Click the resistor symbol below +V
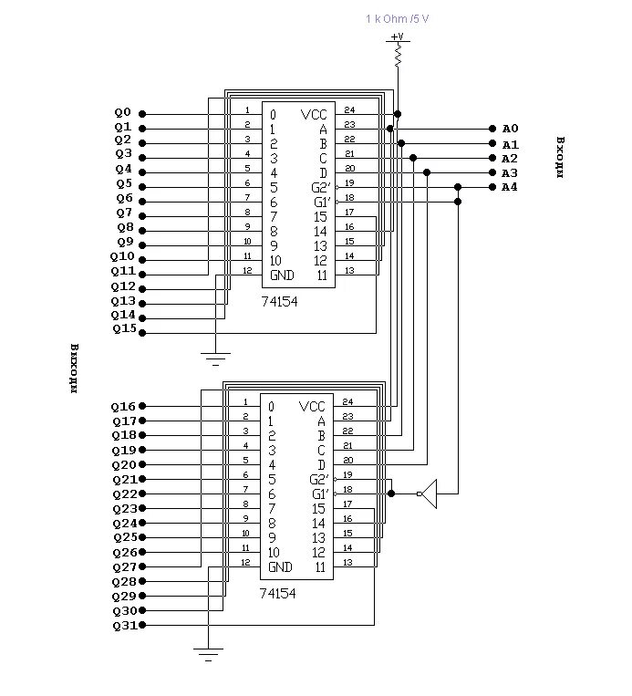coord(399,56)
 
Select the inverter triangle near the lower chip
coord(430,493)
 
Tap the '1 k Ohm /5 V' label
coord(398,18)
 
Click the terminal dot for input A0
coord(492,129)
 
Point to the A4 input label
coord(510,187)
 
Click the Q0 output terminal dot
coord(142,114)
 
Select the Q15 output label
coord(124,329)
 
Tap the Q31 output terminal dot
coord(142,625)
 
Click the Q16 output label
coord(123,407)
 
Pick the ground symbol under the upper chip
coord(216,358)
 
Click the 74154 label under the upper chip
coord(280,302)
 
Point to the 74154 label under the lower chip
coord(278,594)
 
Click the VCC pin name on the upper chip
coord(314,115)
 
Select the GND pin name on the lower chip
coord(280,566)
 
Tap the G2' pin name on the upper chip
coord(321,187)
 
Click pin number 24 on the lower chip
coord(348,401)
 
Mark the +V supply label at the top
coord(398,36)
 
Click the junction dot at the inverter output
coord(391,493)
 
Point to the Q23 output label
coord(125,509)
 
